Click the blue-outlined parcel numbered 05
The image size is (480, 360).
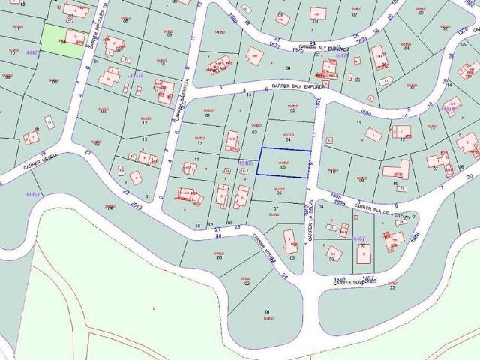pos(283,163)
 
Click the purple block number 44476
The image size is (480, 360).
pos(136,76)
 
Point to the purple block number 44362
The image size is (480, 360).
pos(32,194)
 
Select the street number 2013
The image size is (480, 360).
pos(136,204)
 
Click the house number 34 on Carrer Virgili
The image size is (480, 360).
pos(284,276)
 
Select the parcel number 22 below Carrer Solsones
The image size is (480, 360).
pos(391,287)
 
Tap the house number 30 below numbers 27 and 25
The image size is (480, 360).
pos(219,237)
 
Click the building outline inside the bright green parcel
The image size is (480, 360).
pos(75,37)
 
